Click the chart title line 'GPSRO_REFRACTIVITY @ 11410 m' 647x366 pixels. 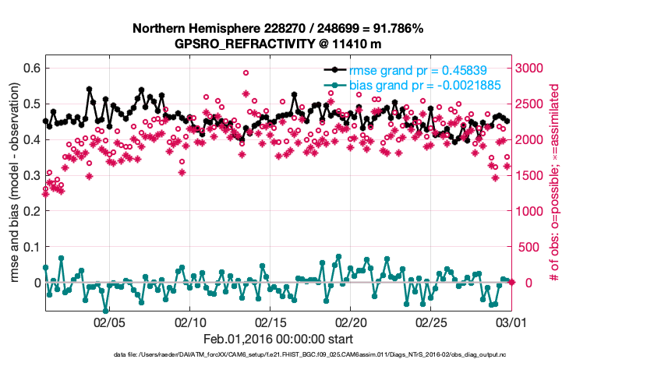tap(278, 44)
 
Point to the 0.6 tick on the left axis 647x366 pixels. tap(30, 69)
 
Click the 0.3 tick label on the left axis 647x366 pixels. tap(30, 175)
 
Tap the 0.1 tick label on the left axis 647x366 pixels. tap(30, 247)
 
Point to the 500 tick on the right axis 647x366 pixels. tap(528, 247)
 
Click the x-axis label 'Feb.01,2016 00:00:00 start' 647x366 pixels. tap(278, 339)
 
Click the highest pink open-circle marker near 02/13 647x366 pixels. tap(246, 73)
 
